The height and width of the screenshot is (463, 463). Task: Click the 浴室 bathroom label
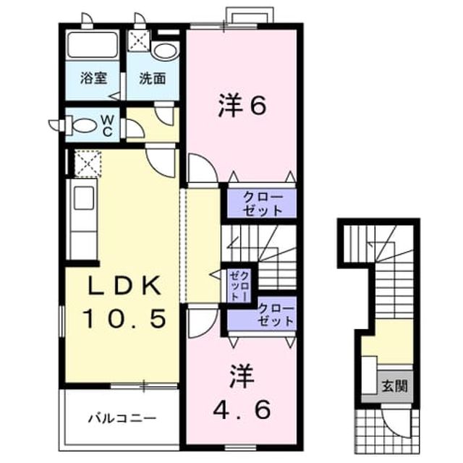[x=93, y=79]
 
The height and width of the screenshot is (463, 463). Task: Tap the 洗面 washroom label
[x=152, y=79]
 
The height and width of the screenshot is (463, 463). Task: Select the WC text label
[x=107, y=126]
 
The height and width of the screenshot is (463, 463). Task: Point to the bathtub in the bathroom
[x=93, y=44]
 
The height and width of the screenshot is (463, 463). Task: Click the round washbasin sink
[x=166, y=51]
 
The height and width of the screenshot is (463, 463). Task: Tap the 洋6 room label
[x=242, y=106]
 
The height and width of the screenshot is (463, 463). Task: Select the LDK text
[x=124, y=286]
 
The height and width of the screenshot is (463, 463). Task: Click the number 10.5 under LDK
[x=124, y=318]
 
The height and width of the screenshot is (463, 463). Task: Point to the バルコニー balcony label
[x=122, y=418]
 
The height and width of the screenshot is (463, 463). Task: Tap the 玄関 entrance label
[x=395, y=386]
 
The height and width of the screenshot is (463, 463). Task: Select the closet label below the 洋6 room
[x=262, y=203]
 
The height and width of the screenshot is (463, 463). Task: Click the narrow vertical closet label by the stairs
[x=239, y=286]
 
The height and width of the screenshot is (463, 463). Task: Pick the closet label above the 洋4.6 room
[x=276, y=315]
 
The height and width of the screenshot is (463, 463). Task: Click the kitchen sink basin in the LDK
[x=84, y=198]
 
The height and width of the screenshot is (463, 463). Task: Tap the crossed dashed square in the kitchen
[x=88, y=163]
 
